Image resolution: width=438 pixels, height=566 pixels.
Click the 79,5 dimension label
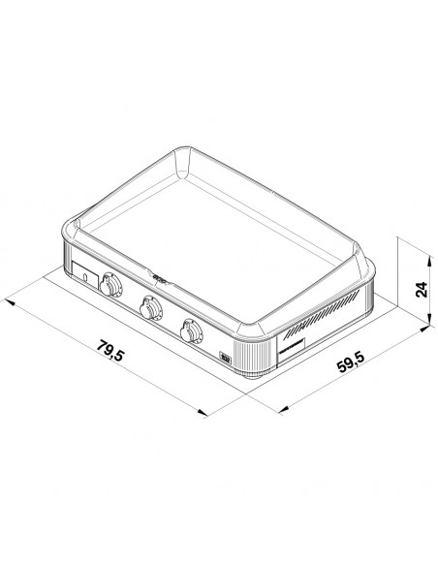pyautogui.click(x=110, y=351)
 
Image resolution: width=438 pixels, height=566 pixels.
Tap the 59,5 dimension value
pyautogui.click(x=351, y=361)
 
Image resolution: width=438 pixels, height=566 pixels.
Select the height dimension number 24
pyautogui.click(x=422, y=290)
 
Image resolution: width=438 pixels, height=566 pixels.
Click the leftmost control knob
pyautogui.click(x=110, y=284)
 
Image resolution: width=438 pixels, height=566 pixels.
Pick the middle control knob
pyautogui.click(x=150, y=307)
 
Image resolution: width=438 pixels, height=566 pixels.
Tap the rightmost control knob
pyautogui.click(x=191, y=330)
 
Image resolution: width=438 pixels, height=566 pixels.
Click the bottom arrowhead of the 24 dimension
pyautogui.click(x=429, y=319)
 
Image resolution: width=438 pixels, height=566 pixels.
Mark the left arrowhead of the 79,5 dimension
pyautogui.click(x=11, y=301)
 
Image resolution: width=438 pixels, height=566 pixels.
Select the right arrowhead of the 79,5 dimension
pyautogui.click(x=203, y=412)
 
